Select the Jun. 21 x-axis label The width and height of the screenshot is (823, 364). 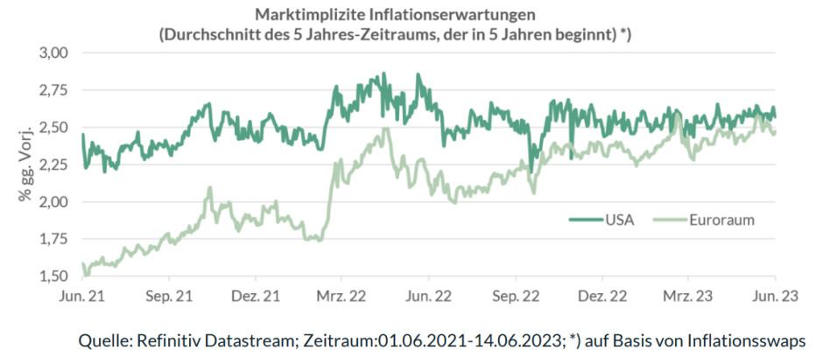tap(82, 297)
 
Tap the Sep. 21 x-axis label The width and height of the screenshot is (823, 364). tap(170, 297)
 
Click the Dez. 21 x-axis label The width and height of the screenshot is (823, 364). tap(257, 297)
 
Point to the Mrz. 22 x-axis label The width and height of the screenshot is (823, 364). tap(342, 297)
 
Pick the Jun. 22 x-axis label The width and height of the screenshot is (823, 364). tap(430, 297)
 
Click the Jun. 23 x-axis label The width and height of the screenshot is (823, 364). tap(775, 297)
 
